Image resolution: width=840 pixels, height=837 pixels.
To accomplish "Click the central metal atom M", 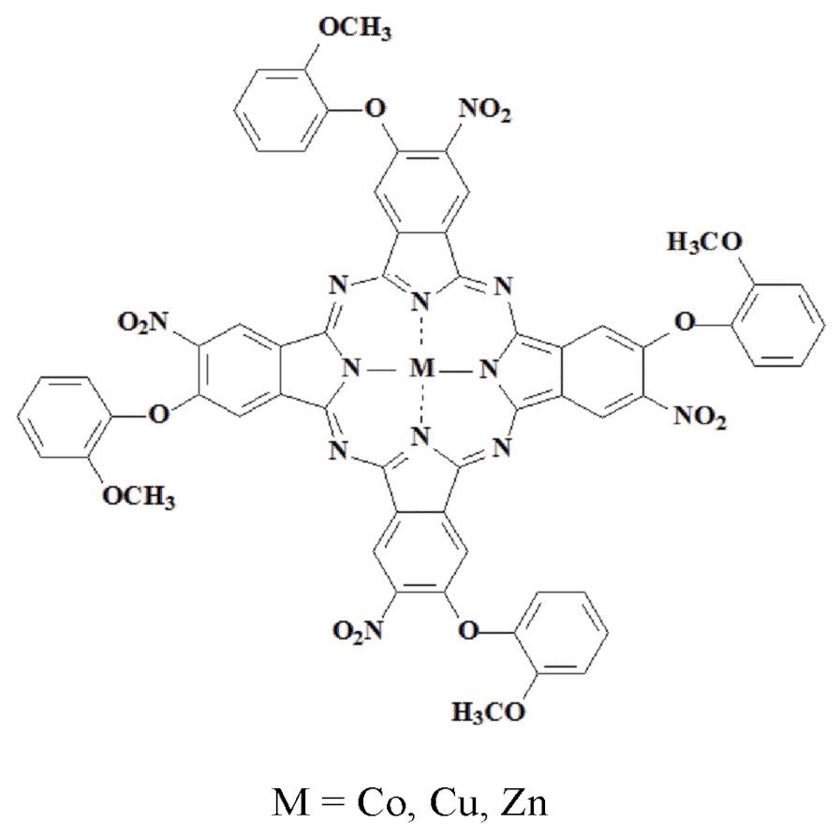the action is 424,371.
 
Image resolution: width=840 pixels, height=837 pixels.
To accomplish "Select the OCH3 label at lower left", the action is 140,495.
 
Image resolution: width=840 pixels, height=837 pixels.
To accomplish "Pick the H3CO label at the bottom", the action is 490,713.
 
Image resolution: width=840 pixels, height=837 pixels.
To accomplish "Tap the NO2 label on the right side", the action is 700,419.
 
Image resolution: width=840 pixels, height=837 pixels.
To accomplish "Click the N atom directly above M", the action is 424,301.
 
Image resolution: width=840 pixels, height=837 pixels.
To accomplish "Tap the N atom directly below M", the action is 424,437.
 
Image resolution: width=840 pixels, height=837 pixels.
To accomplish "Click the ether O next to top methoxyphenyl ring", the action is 374,111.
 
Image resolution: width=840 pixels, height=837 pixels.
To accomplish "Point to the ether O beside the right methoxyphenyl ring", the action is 685,323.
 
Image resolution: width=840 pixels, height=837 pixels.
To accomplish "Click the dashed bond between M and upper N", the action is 424,336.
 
